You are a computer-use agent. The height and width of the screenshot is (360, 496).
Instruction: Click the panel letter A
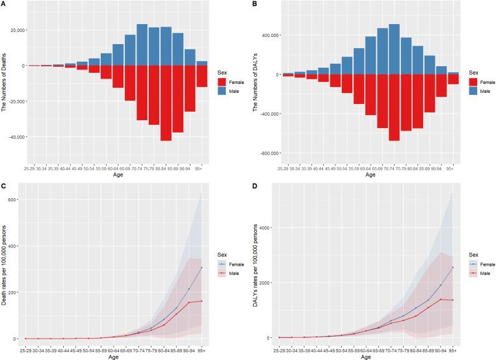click(4, 5)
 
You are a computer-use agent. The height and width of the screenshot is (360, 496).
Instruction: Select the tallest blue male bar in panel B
click(393, 49)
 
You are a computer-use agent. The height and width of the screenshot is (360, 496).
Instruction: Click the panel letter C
click(4, 186)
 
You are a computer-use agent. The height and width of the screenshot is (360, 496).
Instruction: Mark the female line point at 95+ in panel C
click(201, 268)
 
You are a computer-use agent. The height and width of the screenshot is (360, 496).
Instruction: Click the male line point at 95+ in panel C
click(201, 301)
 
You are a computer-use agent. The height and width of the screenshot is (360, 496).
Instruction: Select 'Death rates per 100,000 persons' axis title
click(5, 266)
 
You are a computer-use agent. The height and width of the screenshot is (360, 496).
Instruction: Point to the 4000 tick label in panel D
click(266, 227)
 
